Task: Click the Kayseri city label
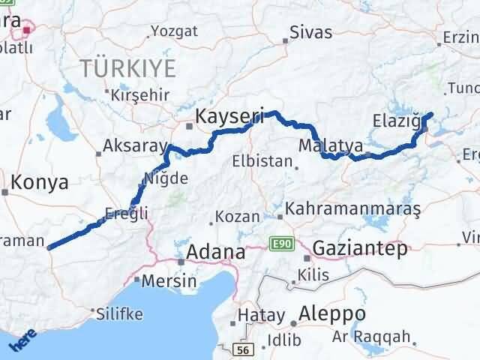click(x=229, y=116)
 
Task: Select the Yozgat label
click(x=174, y=31)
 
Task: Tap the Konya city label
click(x=40, y=181)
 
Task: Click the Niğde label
click(x=165, y=179)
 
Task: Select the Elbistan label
click(x=261, y=160)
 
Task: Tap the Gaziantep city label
click(x=360, y=247)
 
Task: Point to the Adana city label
click(x=215, y=252)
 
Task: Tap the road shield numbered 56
click(x=241, y=350)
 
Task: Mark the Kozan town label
click(x=237, y=217)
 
